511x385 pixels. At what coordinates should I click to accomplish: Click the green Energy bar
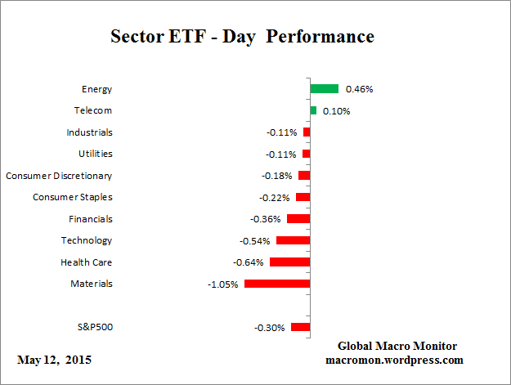pyautogui.click(x=324, y=88)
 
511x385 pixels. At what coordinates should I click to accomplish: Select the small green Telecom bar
pyautogui.click(x=313, y=110)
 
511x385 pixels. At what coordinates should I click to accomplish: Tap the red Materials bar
pyautogui.click(x=277, y=284)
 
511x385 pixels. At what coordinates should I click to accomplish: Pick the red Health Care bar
pyautogui.click(x=289, y=262)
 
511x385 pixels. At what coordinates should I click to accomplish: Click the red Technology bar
pyautogui.click(x=293, y=240)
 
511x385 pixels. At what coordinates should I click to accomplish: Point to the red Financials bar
pyautogui.click(x=298, y=219)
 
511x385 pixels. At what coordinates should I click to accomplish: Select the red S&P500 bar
pyautogui.click(x=300, y=327)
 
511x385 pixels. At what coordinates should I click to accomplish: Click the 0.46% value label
pyautogui.click(x=360, y=88)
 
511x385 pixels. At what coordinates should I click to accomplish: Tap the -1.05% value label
pyautogui.click(x=224, y=284)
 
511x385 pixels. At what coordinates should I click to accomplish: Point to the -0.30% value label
pyautogui.click(x=270, y=328)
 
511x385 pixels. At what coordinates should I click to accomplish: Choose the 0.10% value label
pyautogui.click(x=336, y=110)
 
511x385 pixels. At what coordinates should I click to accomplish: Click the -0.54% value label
pyautogui.click(x=255, y=241)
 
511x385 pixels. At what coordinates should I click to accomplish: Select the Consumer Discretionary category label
pyautogui.click(x=59, y=176)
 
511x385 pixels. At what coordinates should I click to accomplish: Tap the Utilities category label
pyautogui.click(x=96, y=154)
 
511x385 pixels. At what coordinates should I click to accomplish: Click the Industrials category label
pyautogui.click(x=90, y=132)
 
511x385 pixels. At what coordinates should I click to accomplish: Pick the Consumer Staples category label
pyautogui.click(x=73, y=197)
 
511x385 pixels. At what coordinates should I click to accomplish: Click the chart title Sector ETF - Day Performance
pyautogui.click(x=242, y=38)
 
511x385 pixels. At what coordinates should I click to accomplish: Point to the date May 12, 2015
pyautogui.click(x=55, y=360)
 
